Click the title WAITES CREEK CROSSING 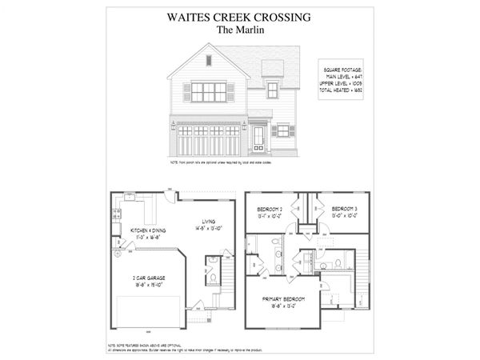click(239, 15)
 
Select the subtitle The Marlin click(239, 30)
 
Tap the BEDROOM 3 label click(346, 211)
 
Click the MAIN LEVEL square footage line click(343, 77)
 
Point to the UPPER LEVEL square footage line click(343, 83)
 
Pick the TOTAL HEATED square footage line click(343, 90)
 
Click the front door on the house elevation click(258, 139)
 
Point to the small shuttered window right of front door click(282, 130)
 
